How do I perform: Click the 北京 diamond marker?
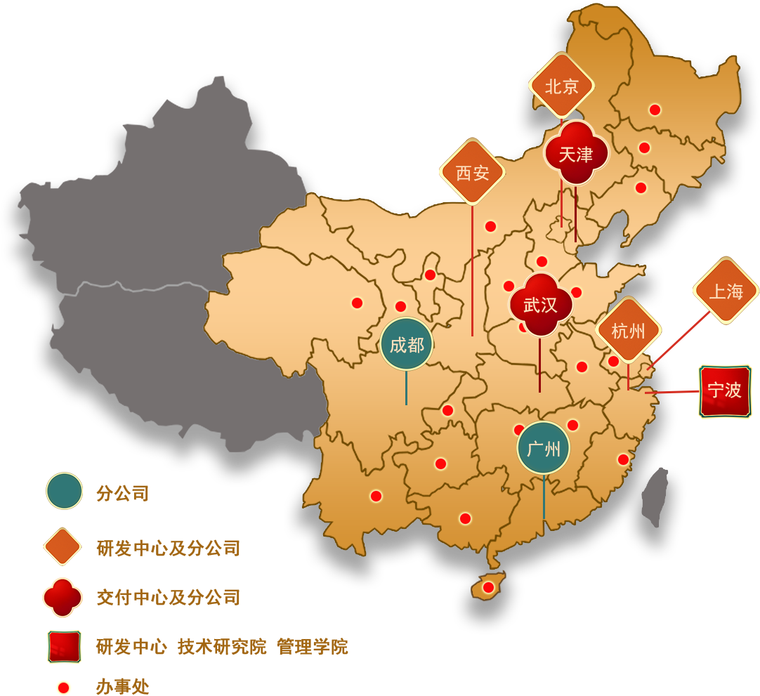tap(561, 86)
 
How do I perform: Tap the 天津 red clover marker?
tap(575, 155)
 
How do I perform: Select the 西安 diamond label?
tap(472, 172)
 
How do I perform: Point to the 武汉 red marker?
tap(540, 305)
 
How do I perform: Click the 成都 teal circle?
tap(407, 344)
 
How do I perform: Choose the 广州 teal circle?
tap(543, 448)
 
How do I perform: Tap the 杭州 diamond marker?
tap(628, 331)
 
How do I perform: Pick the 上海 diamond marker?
tap(726, 291)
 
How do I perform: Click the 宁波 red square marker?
tap(725, 390)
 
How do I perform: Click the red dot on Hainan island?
tap(488, 586)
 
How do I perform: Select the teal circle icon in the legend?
tap(64, 491)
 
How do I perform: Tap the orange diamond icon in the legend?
tap(63, 546)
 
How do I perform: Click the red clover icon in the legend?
tap(63, 597)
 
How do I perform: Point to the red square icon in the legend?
tap(64, 646)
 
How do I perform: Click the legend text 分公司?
tap(122, 493)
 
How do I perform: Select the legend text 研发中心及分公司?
tap(168, 548)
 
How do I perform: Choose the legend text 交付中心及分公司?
tap(168, 598)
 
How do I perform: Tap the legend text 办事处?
tap(122, 687)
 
